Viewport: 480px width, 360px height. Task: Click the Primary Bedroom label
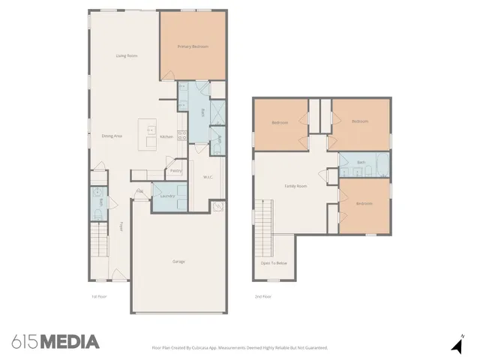tap(193, 47)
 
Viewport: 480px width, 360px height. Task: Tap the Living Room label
tap(125, 56)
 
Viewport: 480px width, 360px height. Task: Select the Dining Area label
tap(112, 136)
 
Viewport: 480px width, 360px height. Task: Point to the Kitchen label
tap(167, 136)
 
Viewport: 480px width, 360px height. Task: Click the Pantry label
tap(175, 170)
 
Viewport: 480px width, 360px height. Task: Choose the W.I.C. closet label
tap(208, 177)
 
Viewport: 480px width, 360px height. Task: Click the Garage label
tap(178, 261)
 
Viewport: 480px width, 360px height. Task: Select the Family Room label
tap(295, 186)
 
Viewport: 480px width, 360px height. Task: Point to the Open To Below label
tap(274, 263)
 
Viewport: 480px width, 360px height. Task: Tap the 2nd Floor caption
tap(262, 297)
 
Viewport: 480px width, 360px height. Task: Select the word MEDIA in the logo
tap(69, 342)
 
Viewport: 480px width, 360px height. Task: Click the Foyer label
tap(121, 226)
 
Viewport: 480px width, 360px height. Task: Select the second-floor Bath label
tap(361, 163)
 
